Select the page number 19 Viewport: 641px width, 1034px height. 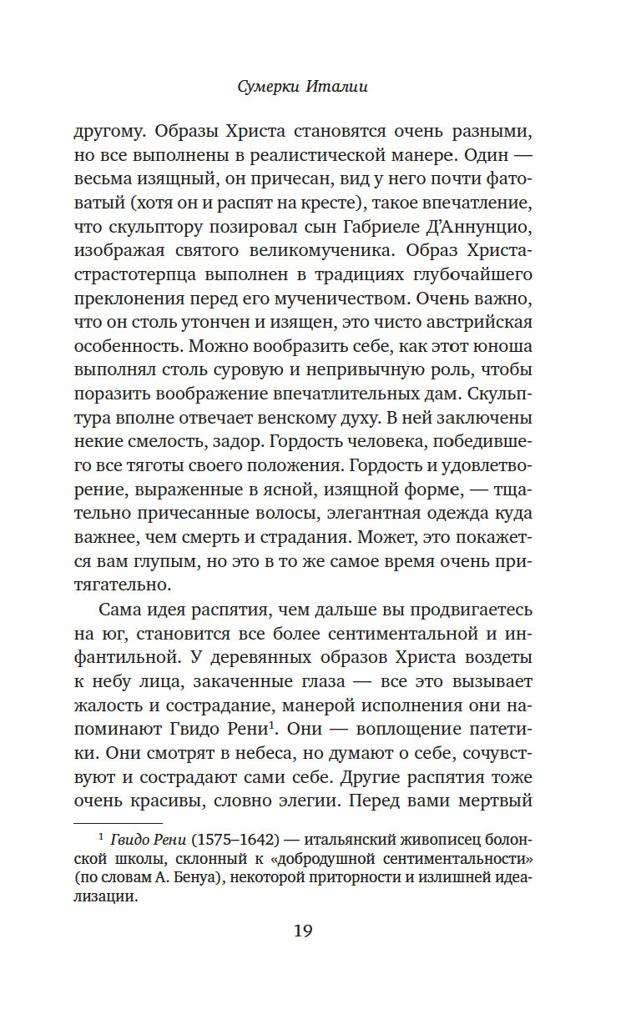point(302,931)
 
